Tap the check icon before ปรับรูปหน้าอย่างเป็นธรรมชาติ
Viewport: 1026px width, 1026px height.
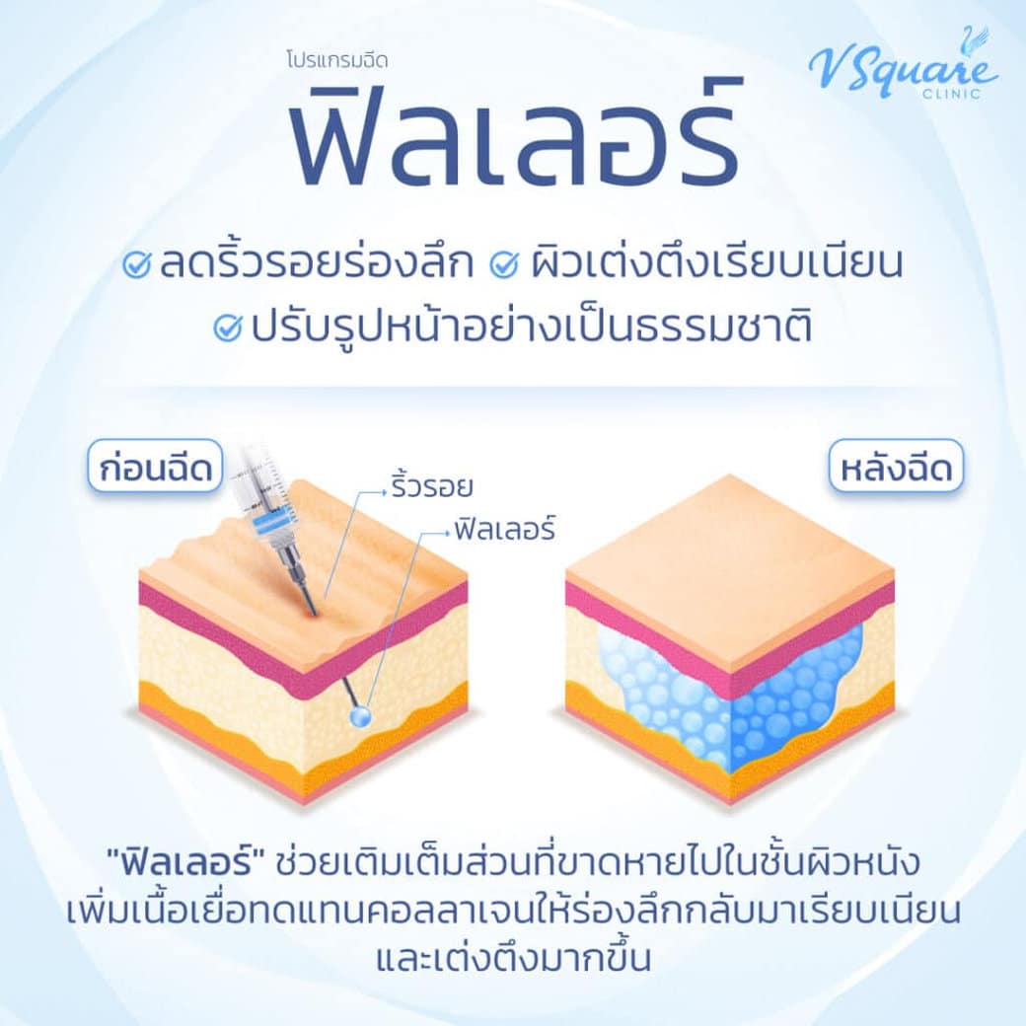click(229, 326)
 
